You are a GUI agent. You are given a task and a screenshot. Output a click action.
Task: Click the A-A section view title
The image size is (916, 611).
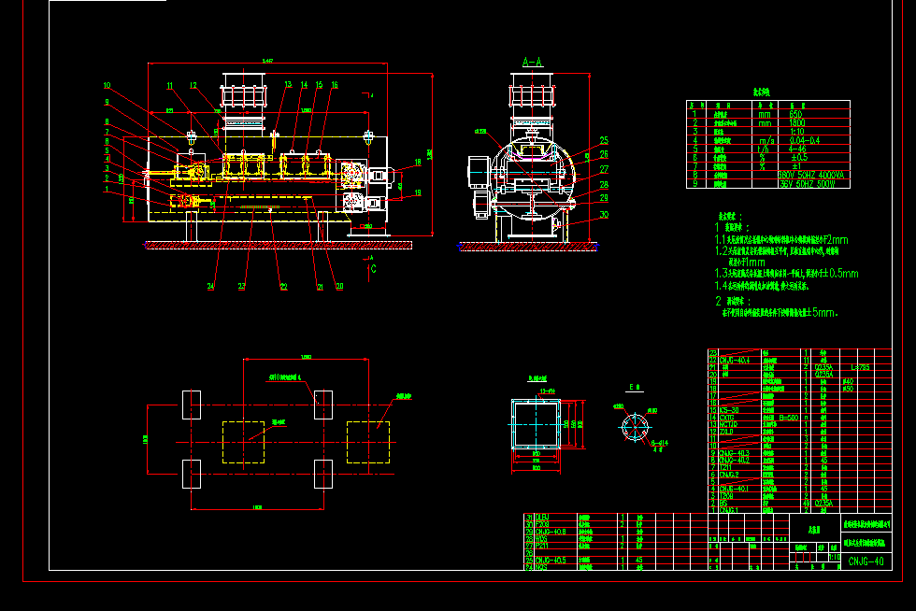coord(532,63)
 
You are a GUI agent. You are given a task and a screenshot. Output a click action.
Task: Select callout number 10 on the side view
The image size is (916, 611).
coord(107,85)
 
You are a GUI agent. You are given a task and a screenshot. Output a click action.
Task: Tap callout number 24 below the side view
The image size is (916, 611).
coord(211,287)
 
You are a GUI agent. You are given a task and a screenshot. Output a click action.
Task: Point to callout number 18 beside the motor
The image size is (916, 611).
coord(417,162)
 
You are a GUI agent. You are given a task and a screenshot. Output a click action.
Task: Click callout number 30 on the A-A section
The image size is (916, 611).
coord(604,215)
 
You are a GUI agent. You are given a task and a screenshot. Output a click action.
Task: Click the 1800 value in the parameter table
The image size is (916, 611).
coord(797,122)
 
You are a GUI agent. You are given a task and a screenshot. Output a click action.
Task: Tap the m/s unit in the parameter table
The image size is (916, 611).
coord(766,139)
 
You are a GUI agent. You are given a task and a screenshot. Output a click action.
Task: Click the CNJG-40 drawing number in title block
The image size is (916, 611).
coord(866,561)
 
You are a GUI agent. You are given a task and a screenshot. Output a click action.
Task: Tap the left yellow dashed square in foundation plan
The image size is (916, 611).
coord(243,442)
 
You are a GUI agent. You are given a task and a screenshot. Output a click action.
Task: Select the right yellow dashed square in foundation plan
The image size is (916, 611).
coord(367,442)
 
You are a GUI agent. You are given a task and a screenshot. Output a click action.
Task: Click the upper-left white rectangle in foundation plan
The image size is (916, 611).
coord(191,405)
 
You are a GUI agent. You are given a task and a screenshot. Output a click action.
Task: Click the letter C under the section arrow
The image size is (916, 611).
coord(374,269)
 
